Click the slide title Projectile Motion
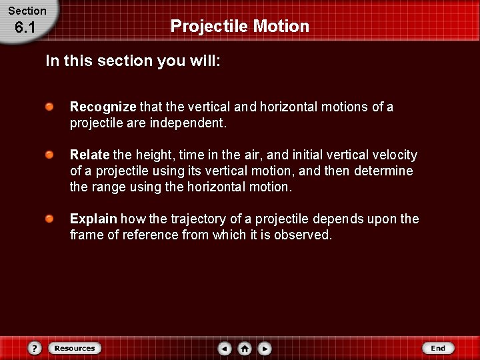click(240, 26)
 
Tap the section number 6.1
click(24, 27)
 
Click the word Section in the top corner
click(27, 11)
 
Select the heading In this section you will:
click(133, 61)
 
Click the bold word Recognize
click(103, 107)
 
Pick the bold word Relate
click(90, 155)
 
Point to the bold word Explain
click(93, 219)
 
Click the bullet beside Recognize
click(50, 107)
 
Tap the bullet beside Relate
click(50, 155)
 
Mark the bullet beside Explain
click(50, 219)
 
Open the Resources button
click(74, 348)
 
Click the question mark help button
click(35, 348)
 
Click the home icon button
click(245, 348)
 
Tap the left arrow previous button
click(225, 348)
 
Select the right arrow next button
click(265, 348)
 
